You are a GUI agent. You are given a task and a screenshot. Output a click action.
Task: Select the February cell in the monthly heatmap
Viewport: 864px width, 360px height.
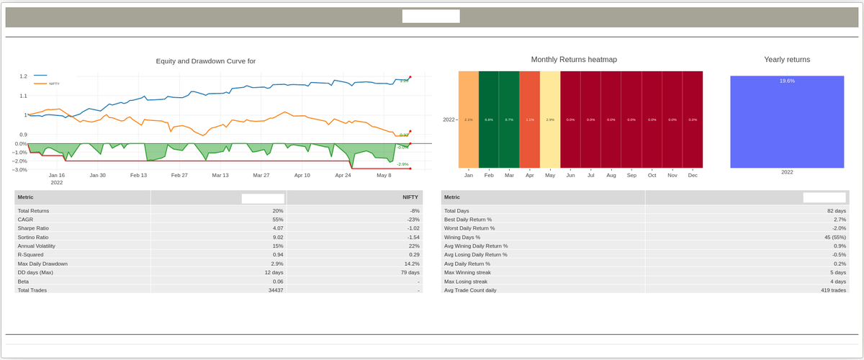click(489, 120)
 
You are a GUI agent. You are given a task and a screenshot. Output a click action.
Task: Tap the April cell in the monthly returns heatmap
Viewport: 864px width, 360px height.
click(529, 120)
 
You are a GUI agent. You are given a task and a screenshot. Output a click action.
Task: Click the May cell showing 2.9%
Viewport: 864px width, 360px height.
click(550, 120)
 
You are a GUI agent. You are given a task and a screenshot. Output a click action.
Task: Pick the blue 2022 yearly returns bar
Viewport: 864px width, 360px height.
click(787, 122)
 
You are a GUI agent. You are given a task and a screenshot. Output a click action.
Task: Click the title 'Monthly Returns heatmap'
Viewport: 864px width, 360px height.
click(574, 60)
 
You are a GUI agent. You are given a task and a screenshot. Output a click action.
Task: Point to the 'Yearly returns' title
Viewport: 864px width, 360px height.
click(787, 60)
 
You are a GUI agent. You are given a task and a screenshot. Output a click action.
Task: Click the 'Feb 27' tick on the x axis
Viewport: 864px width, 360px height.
click(179, 175)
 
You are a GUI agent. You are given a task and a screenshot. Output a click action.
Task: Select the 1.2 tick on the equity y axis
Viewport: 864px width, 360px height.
click(23, 76)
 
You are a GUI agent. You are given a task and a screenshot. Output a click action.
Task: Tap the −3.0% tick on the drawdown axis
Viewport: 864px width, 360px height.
click(20, 170)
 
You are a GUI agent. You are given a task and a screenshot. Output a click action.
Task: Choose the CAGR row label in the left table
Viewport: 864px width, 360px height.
click(25, 219)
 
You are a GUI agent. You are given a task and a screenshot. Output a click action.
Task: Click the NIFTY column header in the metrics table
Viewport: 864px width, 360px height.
click(410, 197)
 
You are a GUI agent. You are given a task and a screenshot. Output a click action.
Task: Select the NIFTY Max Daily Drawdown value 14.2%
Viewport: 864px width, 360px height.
click(410, 264)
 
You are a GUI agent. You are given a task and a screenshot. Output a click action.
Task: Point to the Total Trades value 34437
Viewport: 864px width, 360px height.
click(274, 290)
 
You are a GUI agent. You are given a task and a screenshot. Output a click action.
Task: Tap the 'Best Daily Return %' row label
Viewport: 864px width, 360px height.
click(468, 219)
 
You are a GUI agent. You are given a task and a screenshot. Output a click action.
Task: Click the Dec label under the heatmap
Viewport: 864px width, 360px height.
click(693, 175)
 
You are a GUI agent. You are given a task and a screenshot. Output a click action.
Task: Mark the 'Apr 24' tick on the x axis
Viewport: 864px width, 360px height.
click(343, 175)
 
